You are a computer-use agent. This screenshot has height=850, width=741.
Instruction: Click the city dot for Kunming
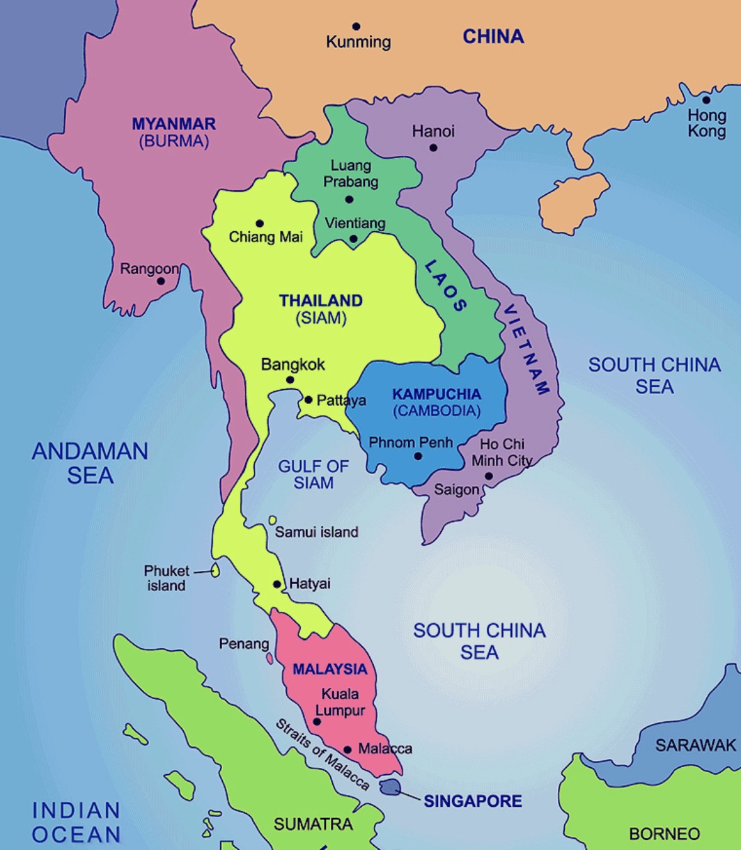click(356, 26)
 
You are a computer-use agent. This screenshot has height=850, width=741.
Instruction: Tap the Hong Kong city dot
click(706, 100)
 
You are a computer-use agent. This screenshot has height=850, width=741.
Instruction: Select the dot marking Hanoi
click(433, 148)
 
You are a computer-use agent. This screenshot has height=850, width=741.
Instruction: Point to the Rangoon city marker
click(161, 281)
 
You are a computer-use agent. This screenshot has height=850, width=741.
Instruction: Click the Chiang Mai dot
click(260, 223)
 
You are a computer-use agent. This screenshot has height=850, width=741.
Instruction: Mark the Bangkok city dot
click(290, 379)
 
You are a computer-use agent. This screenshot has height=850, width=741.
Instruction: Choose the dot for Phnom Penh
click(418, 457)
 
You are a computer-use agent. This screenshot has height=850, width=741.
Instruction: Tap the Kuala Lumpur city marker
click(317, 721)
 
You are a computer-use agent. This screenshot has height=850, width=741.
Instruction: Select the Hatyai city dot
click(277, 584)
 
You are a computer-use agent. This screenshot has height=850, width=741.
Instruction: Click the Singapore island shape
click(391, 787)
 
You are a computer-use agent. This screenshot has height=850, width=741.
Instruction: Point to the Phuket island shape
click(216, 571)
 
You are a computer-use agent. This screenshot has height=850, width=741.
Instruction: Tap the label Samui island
click(317, 533)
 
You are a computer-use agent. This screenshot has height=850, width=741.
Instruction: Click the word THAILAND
click(321, 301)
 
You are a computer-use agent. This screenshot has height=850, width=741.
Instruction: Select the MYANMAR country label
click(174, 124)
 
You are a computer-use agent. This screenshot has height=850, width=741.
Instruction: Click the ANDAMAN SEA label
click(90, 463)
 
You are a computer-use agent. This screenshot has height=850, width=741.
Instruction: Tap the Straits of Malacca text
click(322, 754)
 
